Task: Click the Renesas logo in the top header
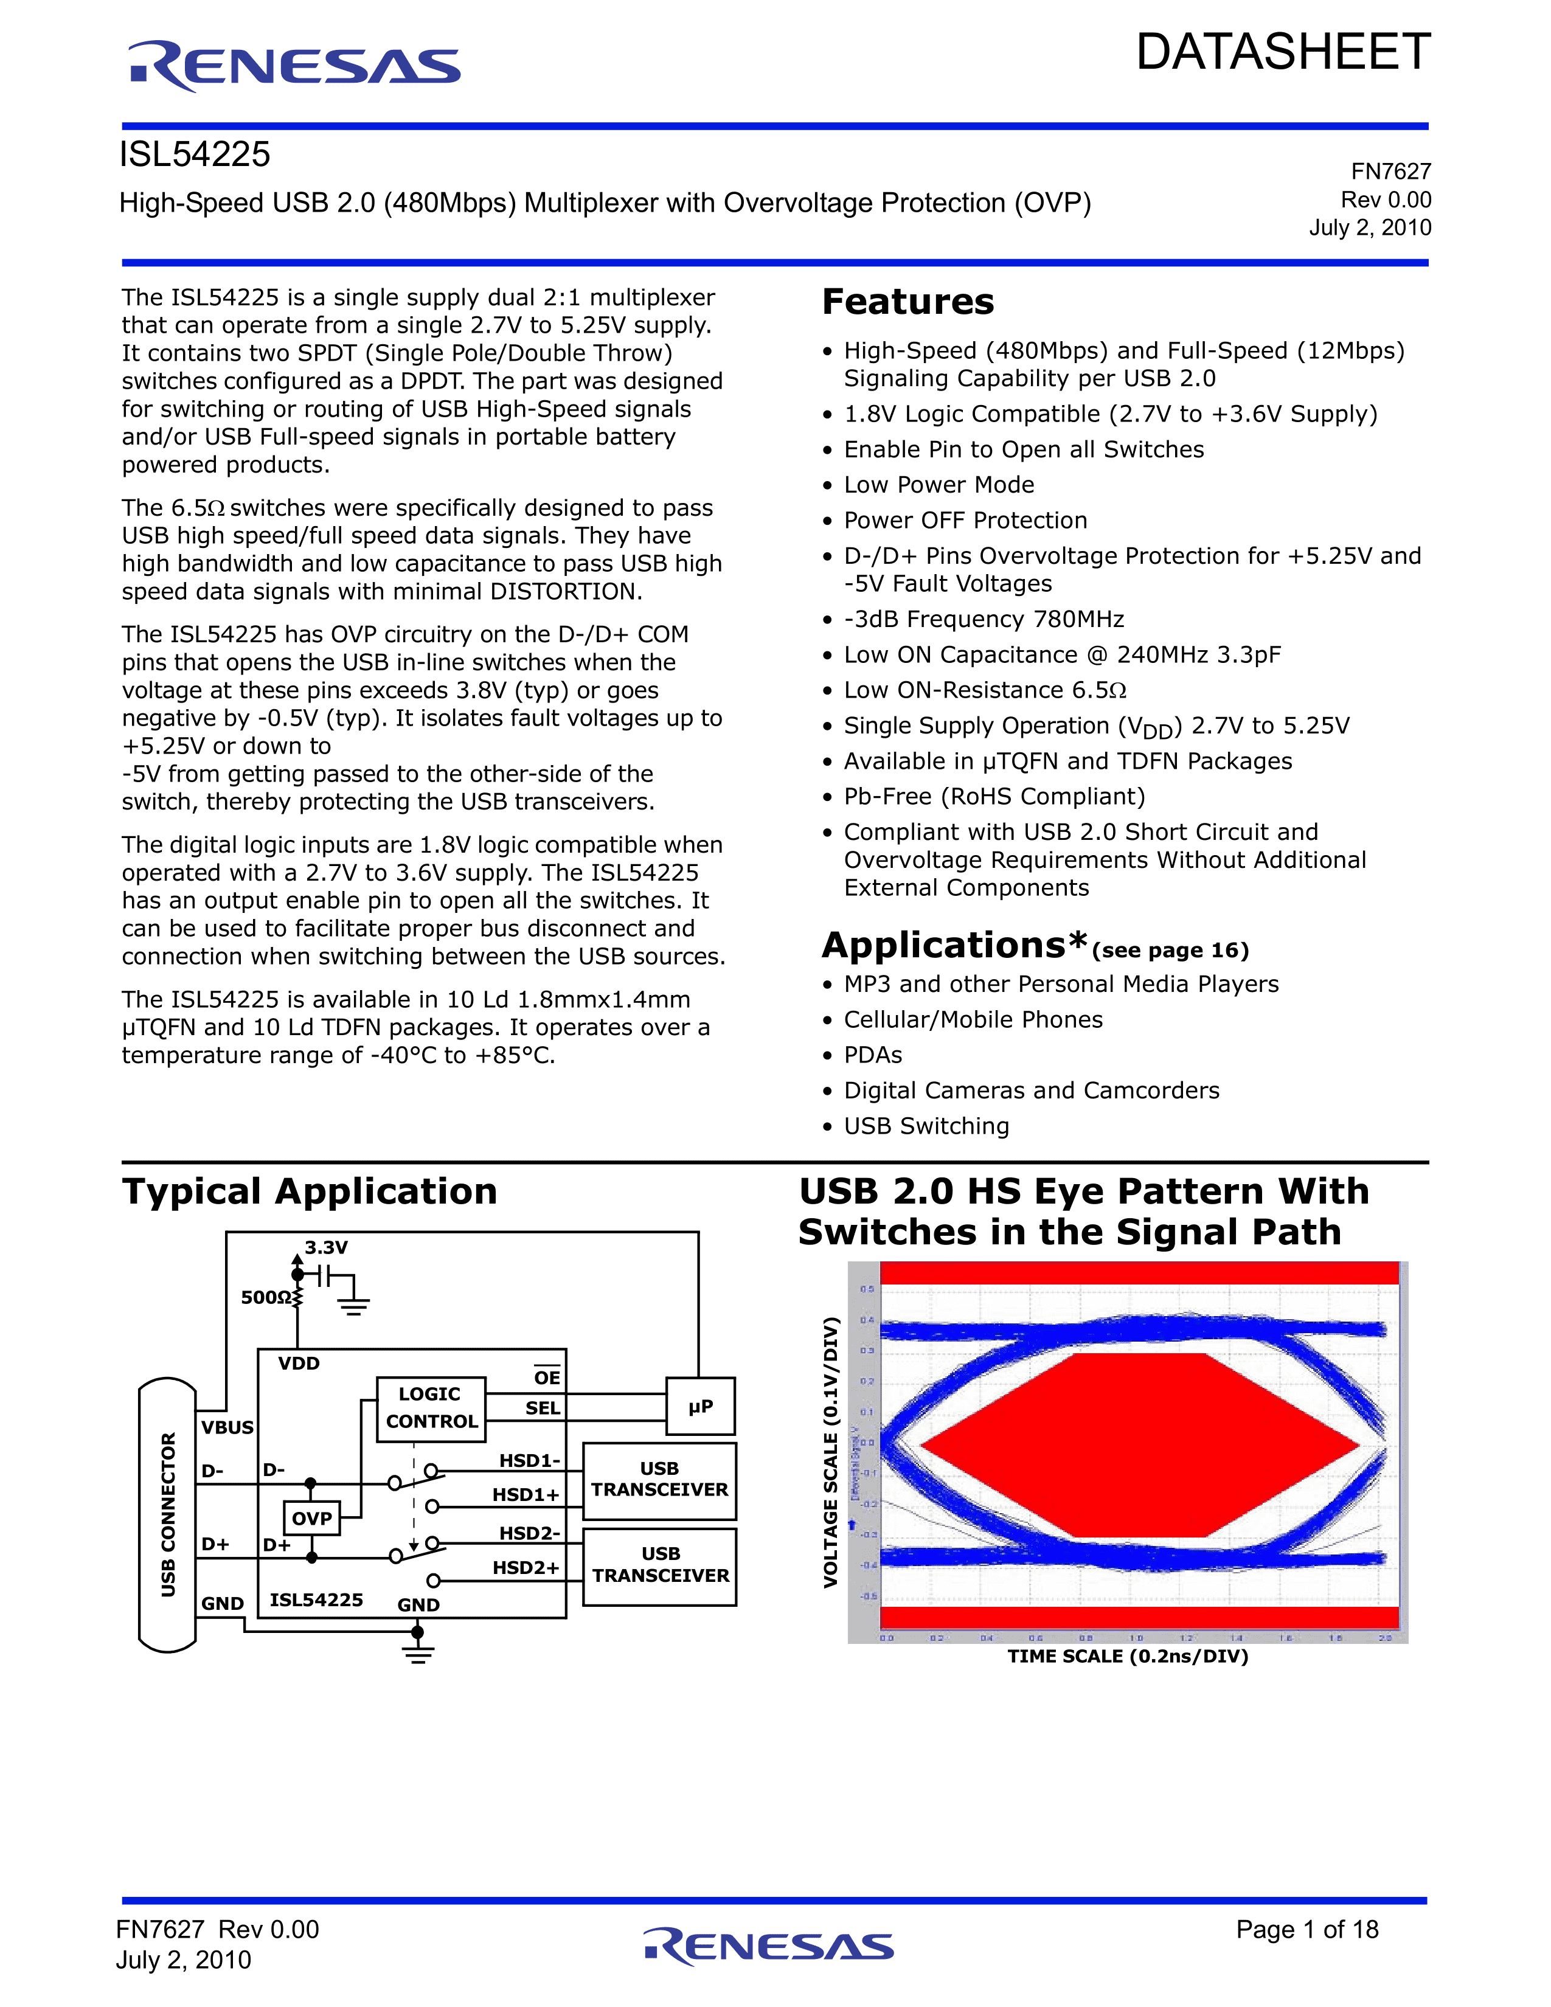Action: pyautogui.click(x=294, y=66)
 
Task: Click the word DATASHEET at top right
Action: pyautogui.click(x=1283, y=52)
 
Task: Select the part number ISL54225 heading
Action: pyautogui.click(x=195, y=154)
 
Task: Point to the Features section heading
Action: pyautogui.click(x=908, y=302)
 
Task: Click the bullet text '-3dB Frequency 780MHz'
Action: pyautogui.click(x=983, y=619)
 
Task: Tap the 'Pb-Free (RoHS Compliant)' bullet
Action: pyautogui.click(x=994, y=797)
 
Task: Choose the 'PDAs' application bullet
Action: pyautogui.click(x=873, y=1055)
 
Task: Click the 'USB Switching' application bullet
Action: pyautogui.click(x=926, y=1126)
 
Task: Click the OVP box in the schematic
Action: pyautogui.click(x=311, y=1518)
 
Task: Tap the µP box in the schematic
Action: pyautogui.click(x=700, y=1406)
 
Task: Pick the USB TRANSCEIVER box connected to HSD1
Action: pyautogui.click(x=660, y=1480)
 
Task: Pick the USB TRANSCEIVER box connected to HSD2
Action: pyautogui.click(x=660, y=1564)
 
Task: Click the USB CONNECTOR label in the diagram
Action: pyautogui.click(x=168, y=1514)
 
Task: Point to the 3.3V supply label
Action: pyautogui.click(x=326, y=1247)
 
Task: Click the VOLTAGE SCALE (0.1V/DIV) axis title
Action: pyautogui.click(x=831, y=1452)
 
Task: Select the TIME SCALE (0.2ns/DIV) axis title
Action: pyautogui.click(x=1128, y=1656)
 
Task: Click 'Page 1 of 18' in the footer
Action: pyautogui.click(x=1306, y=1929)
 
